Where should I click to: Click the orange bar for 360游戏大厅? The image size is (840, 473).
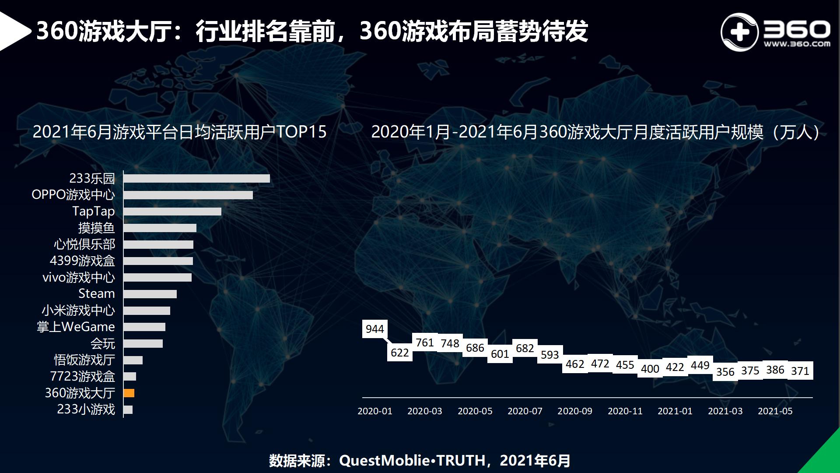pos(129,393)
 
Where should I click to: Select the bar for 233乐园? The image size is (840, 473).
pos(196,178)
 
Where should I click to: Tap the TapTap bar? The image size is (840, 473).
pos(172,212)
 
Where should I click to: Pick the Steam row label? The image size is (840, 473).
pos(97,293)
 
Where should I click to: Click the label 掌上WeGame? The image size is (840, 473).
pos(76,327)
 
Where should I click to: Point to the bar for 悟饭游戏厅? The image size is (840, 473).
pos(133,360)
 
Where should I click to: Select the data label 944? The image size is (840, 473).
pos(375,329)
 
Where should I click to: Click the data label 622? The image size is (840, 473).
pos(400,353)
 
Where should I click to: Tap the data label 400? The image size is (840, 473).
pos(650,369)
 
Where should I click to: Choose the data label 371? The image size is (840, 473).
pos(800,371)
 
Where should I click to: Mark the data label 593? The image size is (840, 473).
pos(550,354)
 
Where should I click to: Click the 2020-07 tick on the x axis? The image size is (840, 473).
pos(525,411)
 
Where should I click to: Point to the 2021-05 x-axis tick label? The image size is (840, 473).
pos(775,411)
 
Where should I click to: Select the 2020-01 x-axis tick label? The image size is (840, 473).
pos(375,411)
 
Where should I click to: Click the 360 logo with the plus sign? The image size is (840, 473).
pos(739,32)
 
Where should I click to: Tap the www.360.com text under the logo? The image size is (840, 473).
pos(797,44)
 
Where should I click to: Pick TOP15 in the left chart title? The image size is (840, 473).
pos(301,132)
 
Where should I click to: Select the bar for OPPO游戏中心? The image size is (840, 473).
pos(188,195)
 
